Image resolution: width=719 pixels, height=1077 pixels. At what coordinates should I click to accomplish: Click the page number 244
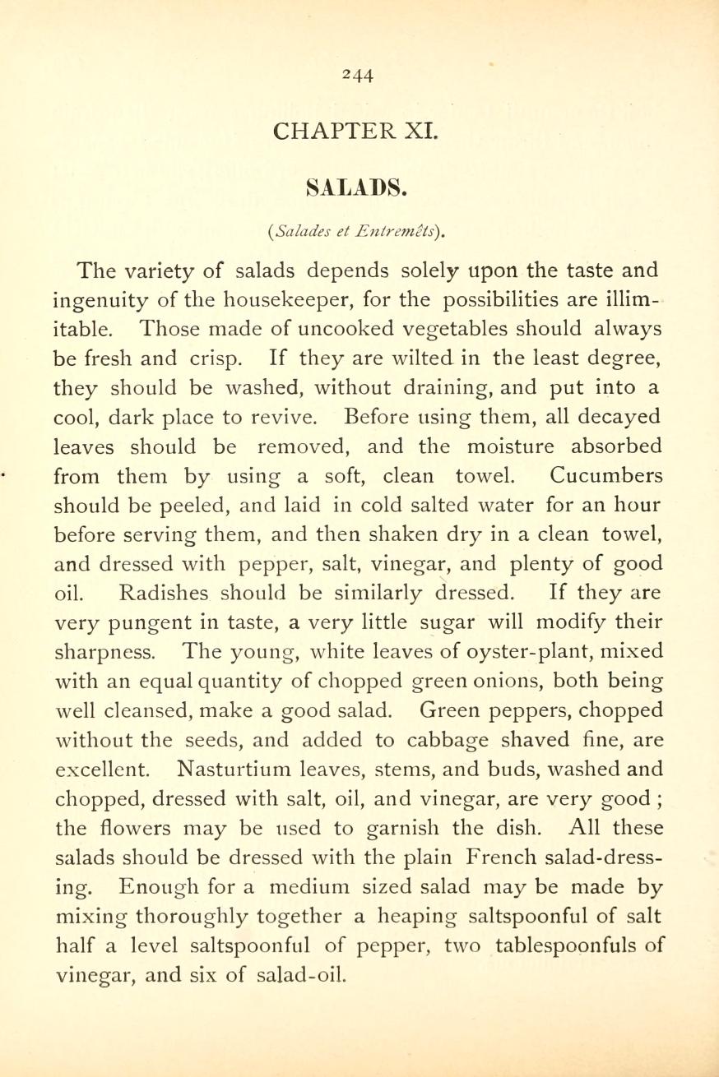point(359,75)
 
